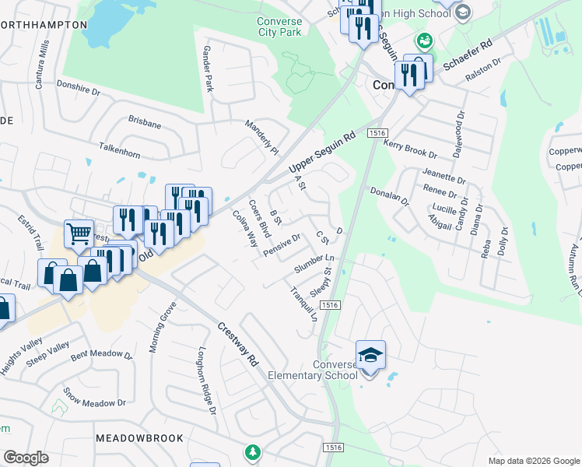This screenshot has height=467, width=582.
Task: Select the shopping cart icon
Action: [79, 232]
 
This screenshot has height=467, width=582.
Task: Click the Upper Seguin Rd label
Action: [321, 152]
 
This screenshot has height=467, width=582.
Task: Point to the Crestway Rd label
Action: [237, 346]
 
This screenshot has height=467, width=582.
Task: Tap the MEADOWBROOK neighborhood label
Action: [139, 439]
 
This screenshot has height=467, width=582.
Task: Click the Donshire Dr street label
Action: [80, 91]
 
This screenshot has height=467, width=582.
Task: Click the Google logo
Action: [26, 458]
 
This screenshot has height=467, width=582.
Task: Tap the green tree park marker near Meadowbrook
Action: [252, 451]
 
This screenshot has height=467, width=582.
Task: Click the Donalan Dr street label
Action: [389, 196]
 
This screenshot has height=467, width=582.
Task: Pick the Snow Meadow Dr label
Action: [94, 397]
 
